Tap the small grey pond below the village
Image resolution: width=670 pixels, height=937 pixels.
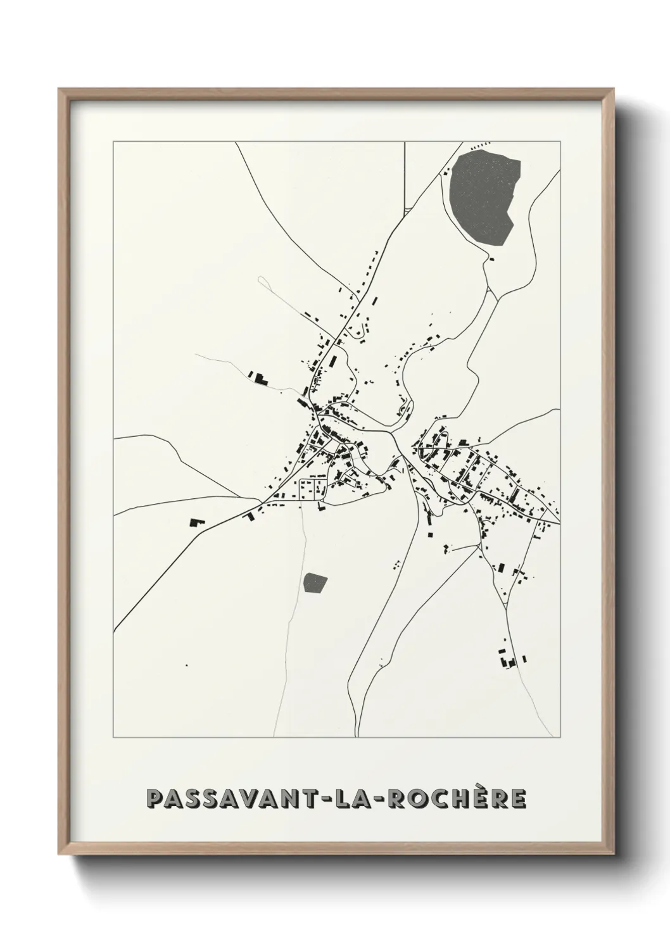point(315,582)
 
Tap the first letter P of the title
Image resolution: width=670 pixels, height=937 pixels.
point(155,799)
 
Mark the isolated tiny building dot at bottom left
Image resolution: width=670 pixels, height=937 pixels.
point(186,665)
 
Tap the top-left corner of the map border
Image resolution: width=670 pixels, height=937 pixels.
point(113,142)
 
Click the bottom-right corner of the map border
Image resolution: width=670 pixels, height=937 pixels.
point(560,738)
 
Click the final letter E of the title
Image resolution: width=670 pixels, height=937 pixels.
point(518,799)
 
